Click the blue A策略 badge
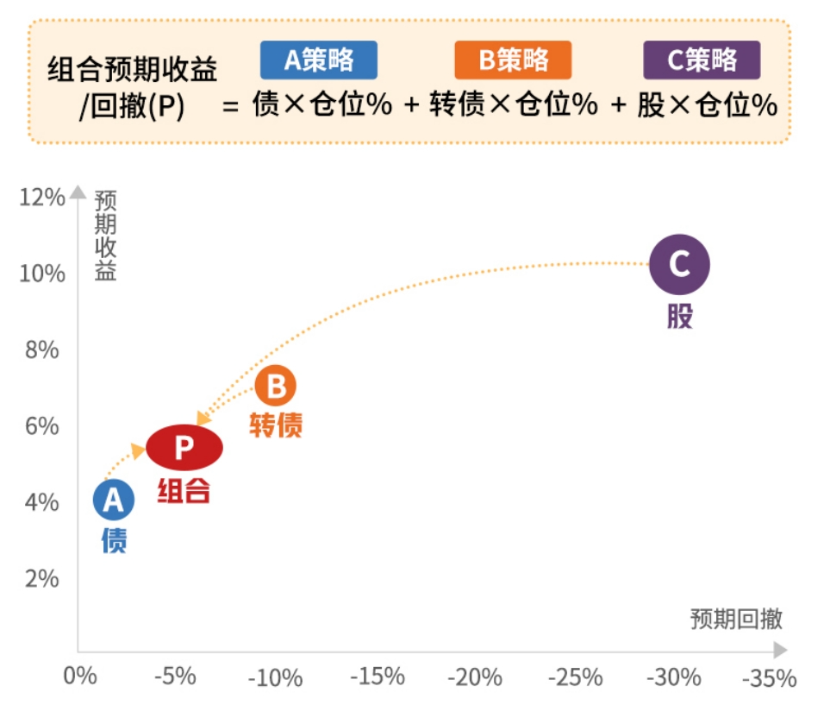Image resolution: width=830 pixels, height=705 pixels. pos(319,60)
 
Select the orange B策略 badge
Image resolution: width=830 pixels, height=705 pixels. pos(513,60)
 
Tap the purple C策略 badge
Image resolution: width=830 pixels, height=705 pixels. pos(702,60)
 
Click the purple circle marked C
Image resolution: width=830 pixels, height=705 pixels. pos(679,264)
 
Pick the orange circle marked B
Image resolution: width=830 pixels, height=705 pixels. pos(276,387)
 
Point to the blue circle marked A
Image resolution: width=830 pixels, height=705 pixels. pos(115,500)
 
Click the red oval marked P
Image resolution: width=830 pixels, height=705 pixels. pos(184,447)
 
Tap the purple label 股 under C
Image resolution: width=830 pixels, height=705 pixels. pos(679,316)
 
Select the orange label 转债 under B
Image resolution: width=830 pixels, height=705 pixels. pos(276,425)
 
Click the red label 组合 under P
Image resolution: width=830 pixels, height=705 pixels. pos(184,490)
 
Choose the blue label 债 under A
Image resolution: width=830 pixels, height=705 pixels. pos(115,541)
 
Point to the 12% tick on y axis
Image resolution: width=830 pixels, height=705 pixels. pos(41,198)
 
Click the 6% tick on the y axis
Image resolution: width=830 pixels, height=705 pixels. pos(41,425)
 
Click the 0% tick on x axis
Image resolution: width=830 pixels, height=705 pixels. pos(79,676)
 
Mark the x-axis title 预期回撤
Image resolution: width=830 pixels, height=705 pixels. pos(736,619)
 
